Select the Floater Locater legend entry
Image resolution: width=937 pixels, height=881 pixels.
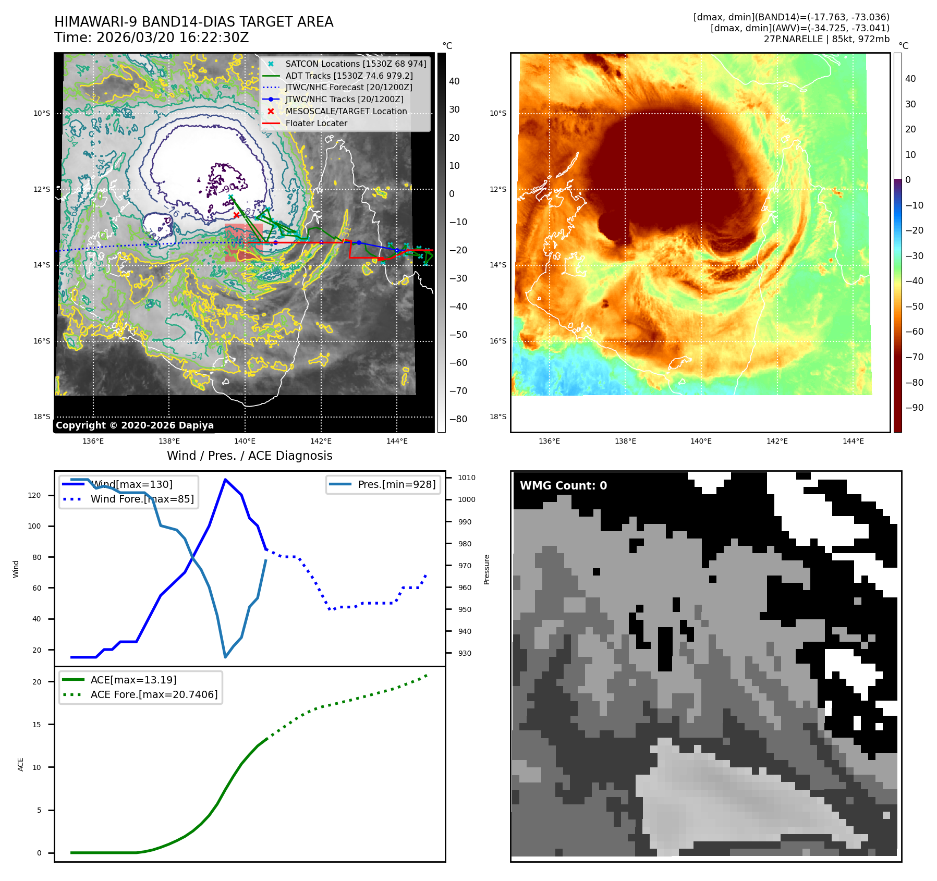click(x=316, y=124)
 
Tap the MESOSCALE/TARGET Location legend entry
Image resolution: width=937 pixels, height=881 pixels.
click(x=346, y=112)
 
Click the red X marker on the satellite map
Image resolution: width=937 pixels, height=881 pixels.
click(x=237, y=215)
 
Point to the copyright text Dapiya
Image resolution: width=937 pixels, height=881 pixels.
click(x=135, y=425)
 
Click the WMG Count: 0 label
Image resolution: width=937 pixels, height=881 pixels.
click(x=563, y=486)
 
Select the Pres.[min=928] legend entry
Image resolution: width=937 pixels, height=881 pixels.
click(x=396, y=485)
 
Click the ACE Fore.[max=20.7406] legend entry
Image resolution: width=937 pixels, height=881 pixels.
click(x=154, y=695)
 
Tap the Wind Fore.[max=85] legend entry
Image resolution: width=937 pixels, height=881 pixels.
click(x=142, y=499)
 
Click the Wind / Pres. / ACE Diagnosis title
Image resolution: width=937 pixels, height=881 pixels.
click(x=249, y=456)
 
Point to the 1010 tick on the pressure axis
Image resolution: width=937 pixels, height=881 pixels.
click(x=466, y=478)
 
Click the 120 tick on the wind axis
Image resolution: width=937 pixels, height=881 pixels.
click(x=34, y=495)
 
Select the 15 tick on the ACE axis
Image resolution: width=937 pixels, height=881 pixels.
click(x=36, y=725)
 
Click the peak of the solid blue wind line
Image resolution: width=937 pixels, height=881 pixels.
click(x=225, y=480)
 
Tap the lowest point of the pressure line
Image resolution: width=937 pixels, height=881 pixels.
click(x=225, y=657)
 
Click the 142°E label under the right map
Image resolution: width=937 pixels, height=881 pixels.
click(x=777, y=442)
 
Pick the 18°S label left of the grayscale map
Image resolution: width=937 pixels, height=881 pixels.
click(x=42, y=417)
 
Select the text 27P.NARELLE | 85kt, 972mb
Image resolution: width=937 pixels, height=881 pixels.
click(x=826, y=39)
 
